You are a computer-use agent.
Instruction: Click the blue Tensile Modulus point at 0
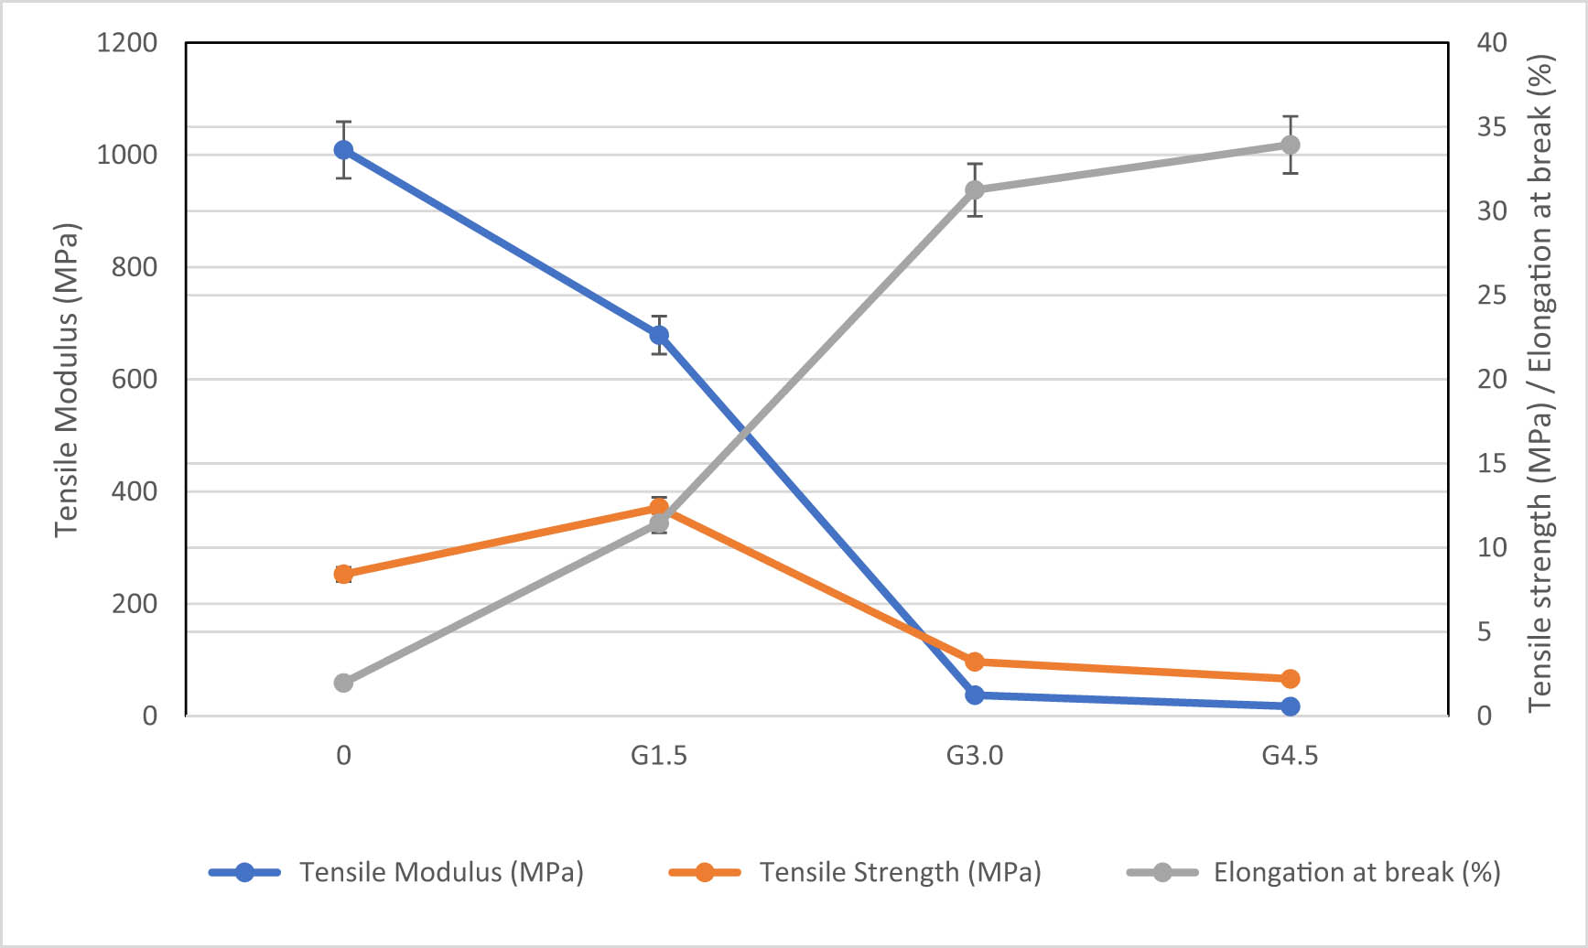343,150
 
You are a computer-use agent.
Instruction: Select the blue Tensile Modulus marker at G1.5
659,336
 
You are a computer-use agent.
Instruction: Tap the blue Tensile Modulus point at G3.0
975,695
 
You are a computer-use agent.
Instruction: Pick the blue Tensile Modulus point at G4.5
1291,706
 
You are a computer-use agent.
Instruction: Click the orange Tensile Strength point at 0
343,575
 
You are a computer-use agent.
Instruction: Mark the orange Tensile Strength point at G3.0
975,662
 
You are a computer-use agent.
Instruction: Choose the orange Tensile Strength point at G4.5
1291,679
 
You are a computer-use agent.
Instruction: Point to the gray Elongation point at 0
343,683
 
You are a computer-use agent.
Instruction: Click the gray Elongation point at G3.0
975,190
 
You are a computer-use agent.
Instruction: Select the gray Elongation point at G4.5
1291,145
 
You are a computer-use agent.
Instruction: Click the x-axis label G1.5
659,756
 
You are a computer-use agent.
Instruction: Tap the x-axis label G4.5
1290,756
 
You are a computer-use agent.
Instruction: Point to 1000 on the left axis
127,155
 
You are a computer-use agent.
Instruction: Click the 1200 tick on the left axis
127,43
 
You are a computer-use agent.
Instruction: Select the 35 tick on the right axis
1492,127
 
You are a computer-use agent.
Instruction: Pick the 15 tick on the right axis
1492,464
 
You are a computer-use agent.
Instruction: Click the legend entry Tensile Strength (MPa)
900,872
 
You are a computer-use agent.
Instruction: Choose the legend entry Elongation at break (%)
1356,872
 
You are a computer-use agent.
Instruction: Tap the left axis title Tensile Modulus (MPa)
67,380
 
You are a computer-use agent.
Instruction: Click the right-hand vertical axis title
1540,382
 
